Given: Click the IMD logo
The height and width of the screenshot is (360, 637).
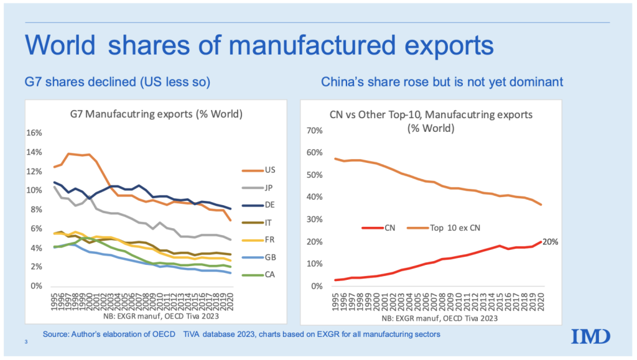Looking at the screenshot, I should point(591,336).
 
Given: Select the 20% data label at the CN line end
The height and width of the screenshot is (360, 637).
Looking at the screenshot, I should point(550,242).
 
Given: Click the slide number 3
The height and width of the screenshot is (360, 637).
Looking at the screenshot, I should point(26,342).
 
